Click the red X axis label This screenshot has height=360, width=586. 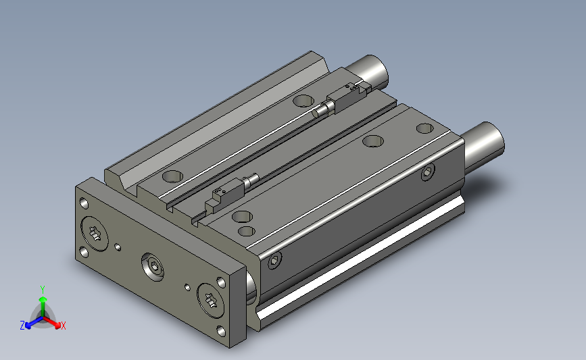tap(63, 326)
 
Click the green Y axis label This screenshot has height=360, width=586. tap(42, 289)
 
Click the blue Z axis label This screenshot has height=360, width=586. tap(22, 325)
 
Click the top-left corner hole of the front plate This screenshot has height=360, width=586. tap(84, 203)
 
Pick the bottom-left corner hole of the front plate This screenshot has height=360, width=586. tap(83, 253)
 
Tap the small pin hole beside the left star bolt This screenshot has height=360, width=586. tap(119, 247)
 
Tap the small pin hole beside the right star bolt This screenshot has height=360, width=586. tap(187, 286)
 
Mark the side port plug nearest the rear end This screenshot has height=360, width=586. tap(427, 173)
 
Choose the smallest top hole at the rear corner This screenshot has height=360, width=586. tap(424, 128)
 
